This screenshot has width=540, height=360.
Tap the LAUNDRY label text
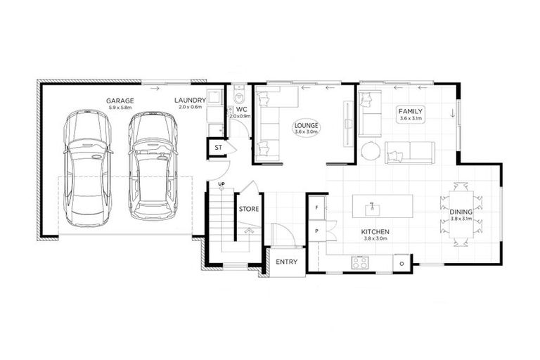(190, 101)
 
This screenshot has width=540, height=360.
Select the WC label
(240, 110)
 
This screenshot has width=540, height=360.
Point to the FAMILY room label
(410, 112)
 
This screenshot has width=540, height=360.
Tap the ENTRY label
(286, 262)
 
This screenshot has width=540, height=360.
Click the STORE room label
(249, 209)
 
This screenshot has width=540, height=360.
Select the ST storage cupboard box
(218, 148)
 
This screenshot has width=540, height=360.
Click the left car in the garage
(86, 165)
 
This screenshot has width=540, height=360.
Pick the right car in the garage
(150, 165)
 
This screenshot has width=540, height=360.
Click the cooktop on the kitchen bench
(360, 263)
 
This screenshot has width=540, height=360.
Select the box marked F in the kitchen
(317, 209)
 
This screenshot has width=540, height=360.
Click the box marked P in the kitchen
(317, 231)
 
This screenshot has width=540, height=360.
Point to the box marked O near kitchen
(401, 263)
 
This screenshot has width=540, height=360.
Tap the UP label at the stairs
(221, 184)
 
